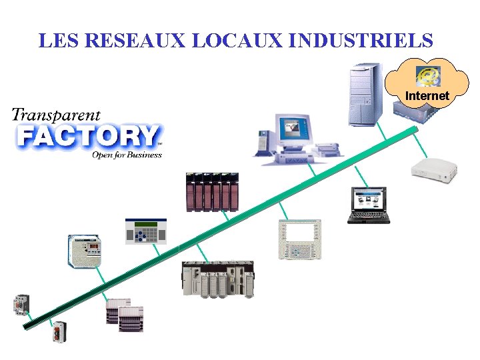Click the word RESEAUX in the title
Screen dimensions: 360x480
click(137, 41)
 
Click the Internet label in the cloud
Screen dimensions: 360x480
click(427, 96)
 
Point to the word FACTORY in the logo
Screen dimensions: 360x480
click(87, 136)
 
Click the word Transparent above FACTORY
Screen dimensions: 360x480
click(56, 115)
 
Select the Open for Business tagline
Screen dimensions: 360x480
click(127, 155)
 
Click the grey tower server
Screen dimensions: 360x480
click(364, 95)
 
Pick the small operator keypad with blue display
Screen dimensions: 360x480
click(145, 231)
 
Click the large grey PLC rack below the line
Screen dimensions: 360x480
click(218, 278)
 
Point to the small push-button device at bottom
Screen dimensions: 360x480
click(60, 331)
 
